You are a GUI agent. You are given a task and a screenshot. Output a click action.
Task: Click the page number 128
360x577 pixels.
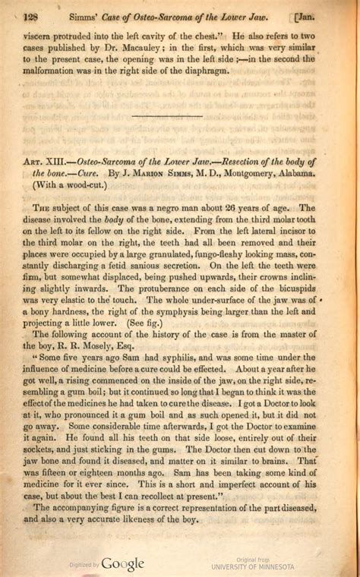point(31,16)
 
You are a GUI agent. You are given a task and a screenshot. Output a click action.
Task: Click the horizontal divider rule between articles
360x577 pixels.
point(167,116)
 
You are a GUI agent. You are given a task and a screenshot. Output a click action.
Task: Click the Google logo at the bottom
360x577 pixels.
point(122,563)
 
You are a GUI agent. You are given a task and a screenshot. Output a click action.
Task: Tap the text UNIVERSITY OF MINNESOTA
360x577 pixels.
point(252,567)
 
